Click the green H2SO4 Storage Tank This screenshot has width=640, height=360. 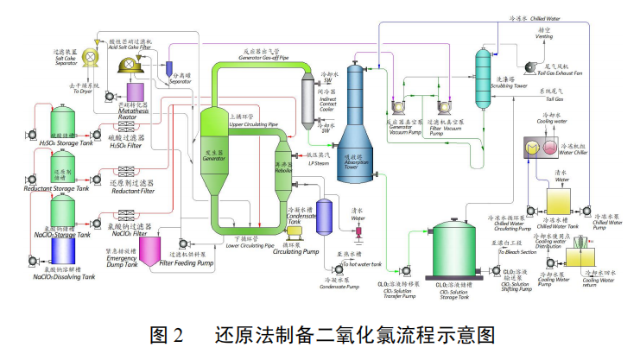67,123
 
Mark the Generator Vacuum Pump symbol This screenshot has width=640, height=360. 400,107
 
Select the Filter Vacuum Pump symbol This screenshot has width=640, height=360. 446,107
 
